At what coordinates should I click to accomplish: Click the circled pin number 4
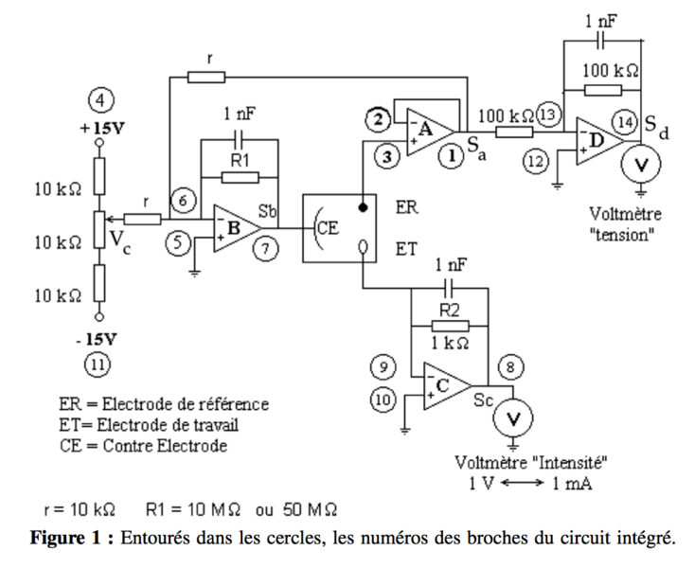point(98,98)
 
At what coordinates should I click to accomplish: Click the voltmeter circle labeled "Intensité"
point(514,417)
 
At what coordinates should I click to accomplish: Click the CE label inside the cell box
point(327,229)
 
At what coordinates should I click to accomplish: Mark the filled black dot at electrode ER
point(363,205)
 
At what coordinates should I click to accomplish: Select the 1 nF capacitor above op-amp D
point(598,43)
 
